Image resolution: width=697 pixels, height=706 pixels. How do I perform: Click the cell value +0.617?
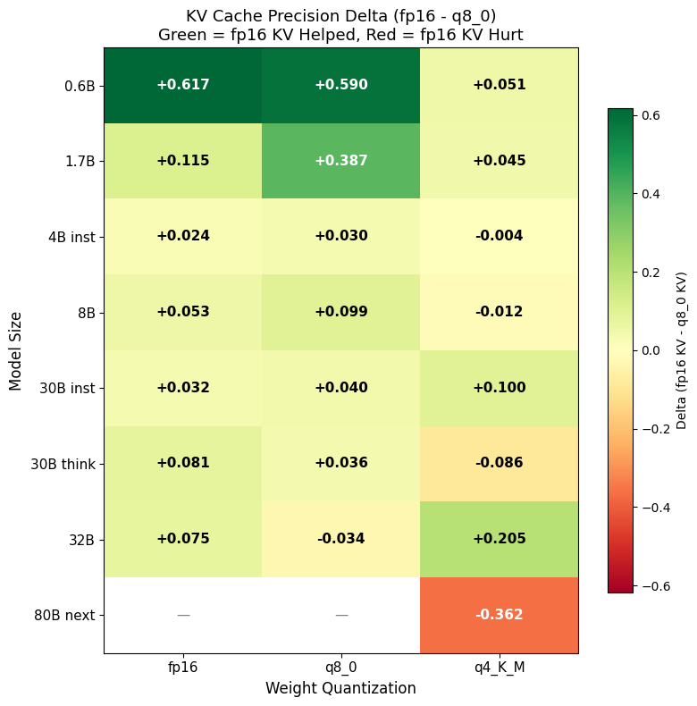182,85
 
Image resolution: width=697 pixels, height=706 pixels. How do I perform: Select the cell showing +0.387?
340,161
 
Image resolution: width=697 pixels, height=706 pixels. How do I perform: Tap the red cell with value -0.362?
499,615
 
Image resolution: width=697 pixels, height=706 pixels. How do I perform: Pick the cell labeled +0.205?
499,539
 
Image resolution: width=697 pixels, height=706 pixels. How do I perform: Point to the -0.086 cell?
499,463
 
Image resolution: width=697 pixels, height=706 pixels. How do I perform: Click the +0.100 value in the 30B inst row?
499,388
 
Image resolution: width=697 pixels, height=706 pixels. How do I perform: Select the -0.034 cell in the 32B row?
340,539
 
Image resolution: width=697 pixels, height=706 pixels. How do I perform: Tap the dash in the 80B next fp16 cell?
183,615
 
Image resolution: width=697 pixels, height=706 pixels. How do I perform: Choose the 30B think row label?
63,464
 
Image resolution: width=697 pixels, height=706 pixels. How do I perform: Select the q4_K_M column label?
499,667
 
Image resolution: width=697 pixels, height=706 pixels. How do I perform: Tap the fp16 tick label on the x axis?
183,667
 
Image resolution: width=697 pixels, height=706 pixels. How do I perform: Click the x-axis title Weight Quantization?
340,688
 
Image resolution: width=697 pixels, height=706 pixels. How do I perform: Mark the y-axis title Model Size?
15,350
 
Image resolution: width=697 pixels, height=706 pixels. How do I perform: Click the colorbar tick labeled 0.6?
650,116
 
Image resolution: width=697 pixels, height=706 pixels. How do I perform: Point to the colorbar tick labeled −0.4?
654,508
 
